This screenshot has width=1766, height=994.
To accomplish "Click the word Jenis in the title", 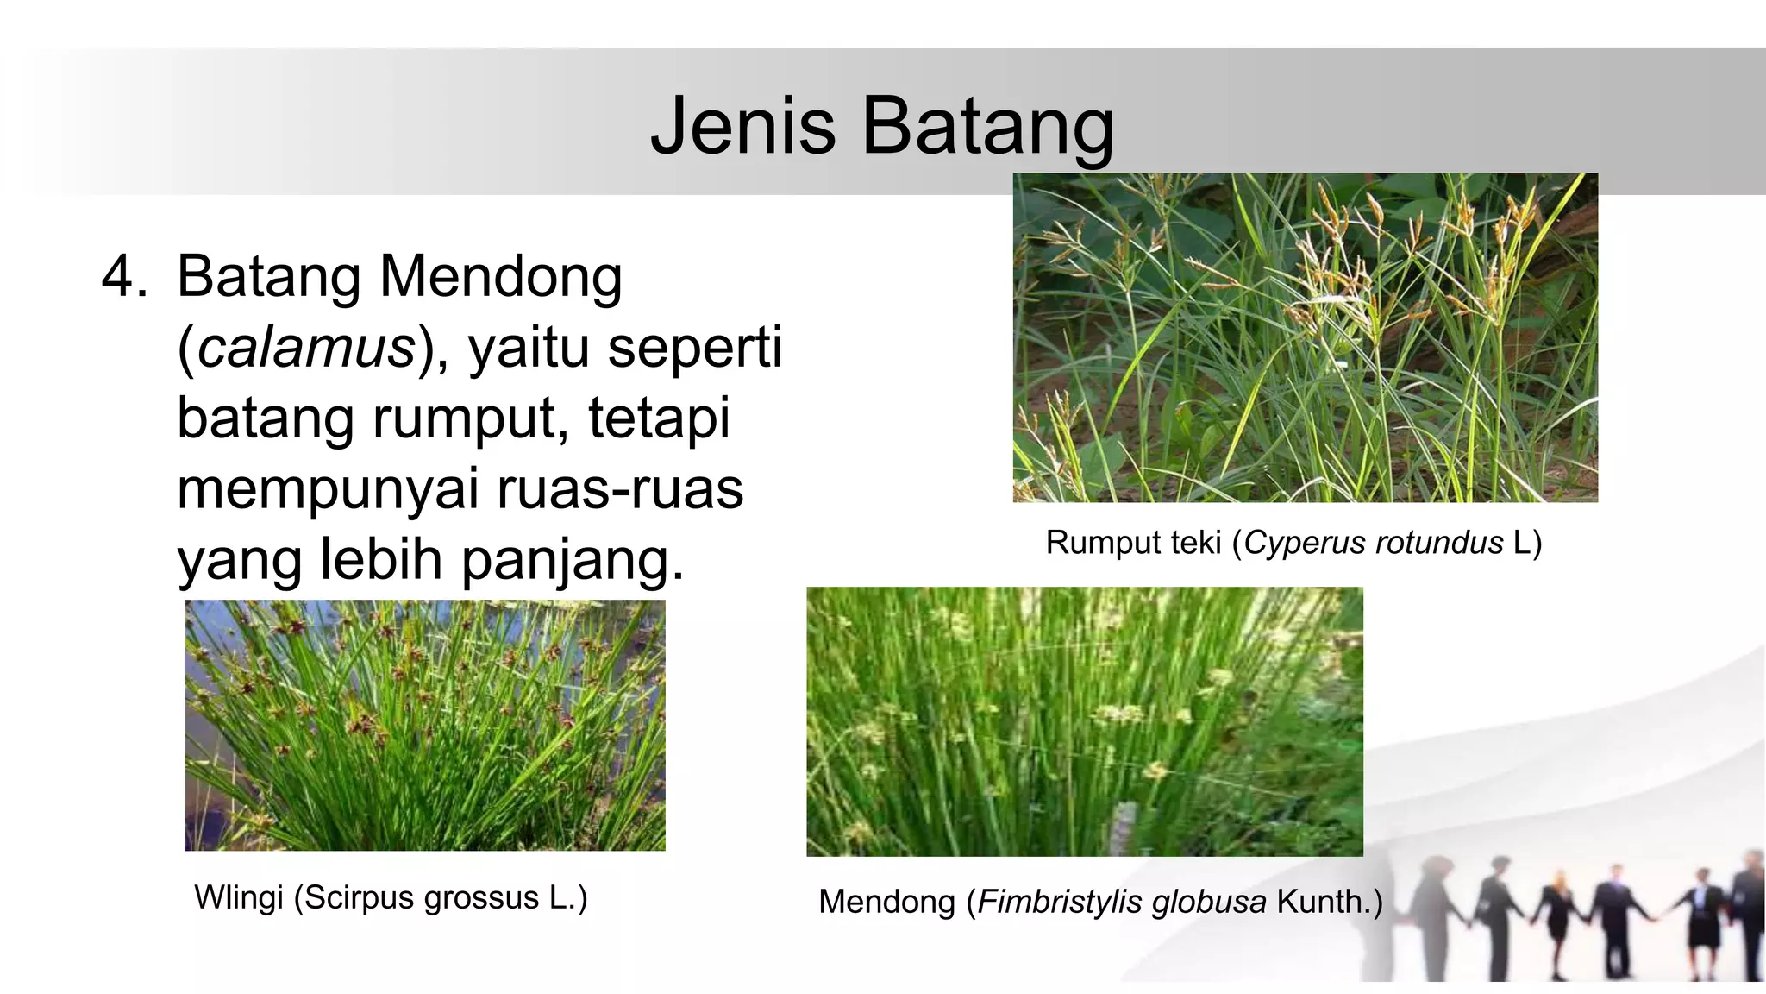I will point(742,126).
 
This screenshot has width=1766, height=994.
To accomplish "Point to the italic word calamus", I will point(307,347).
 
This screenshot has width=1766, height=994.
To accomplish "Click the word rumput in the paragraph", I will point(469,418).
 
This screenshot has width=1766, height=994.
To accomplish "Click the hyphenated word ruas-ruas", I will point(620,489).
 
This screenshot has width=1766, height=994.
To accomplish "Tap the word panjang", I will point(573,560).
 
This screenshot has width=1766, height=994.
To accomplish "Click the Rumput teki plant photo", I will point(1305,337).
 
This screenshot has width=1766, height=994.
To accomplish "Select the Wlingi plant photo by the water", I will point(425,725).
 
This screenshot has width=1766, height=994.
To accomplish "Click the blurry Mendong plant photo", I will point(1084,721).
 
